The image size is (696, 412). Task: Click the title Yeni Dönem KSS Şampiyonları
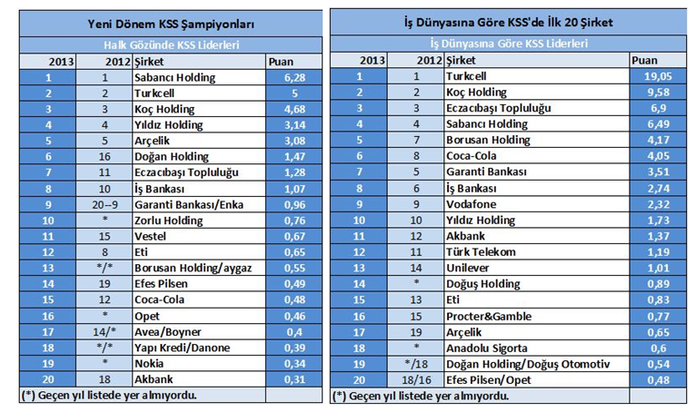click(x=171, y=24)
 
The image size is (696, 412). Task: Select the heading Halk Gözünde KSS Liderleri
click(x=172, y=44)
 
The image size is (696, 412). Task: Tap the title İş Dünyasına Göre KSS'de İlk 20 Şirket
click(x=509, y=22)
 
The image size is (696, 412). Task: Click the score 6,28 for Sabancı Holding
click(x=294, y=78)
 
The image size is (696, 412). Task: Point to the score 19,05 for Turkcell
click(x=658, y=76)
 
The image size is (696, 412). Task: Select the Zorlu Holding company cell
click(x=169, y=221)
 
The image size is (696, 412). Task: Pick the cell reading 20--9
click(x=104, y=204)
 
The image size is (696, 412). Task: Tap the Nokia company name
click(x=149, y=364)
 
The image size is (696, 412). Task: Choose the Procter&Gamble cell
click(x=489, y=316)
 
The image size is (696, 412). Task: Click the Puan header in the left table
click(x=281, y=62)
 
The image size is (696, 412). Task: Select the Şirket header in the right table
click(x=461, y=60)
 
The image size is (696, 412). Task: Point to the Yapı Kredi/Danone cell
click(x=182, y=348)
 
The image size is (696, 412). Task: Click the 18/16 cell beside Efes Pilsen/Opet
click(x=416, y=380)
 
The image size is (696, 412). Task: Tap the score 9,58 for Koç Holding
click(x=658, y=93)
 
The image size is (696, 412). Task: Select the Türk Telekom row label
click(x=481, y=252)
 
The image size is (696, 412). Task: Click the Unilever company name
click(x=467, y=268)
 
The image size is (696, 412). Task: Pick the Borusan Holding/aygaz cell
click(x=194, y=268)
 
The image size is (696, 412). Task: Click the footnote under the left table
click(x=109, y=395)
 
